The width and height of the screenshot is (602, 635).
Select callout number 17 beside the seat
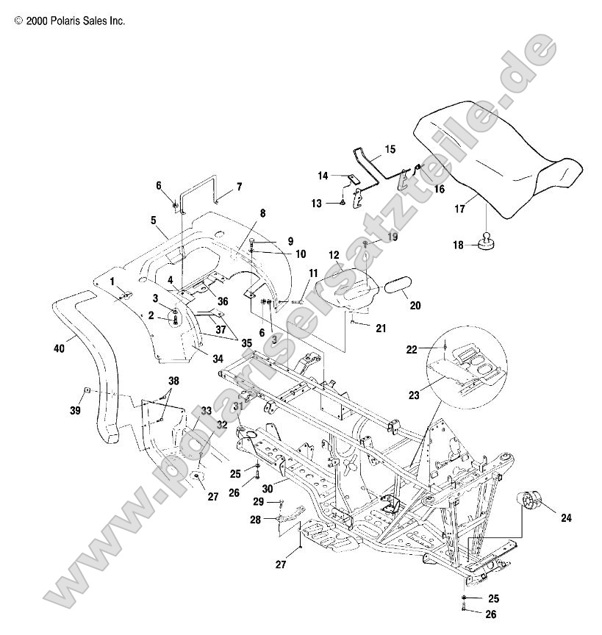tap(459, 209)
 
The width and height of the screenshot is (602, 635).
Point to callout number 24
tap(565, 517)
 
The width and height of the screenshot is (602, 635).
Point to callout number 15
tap(390, 149)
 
